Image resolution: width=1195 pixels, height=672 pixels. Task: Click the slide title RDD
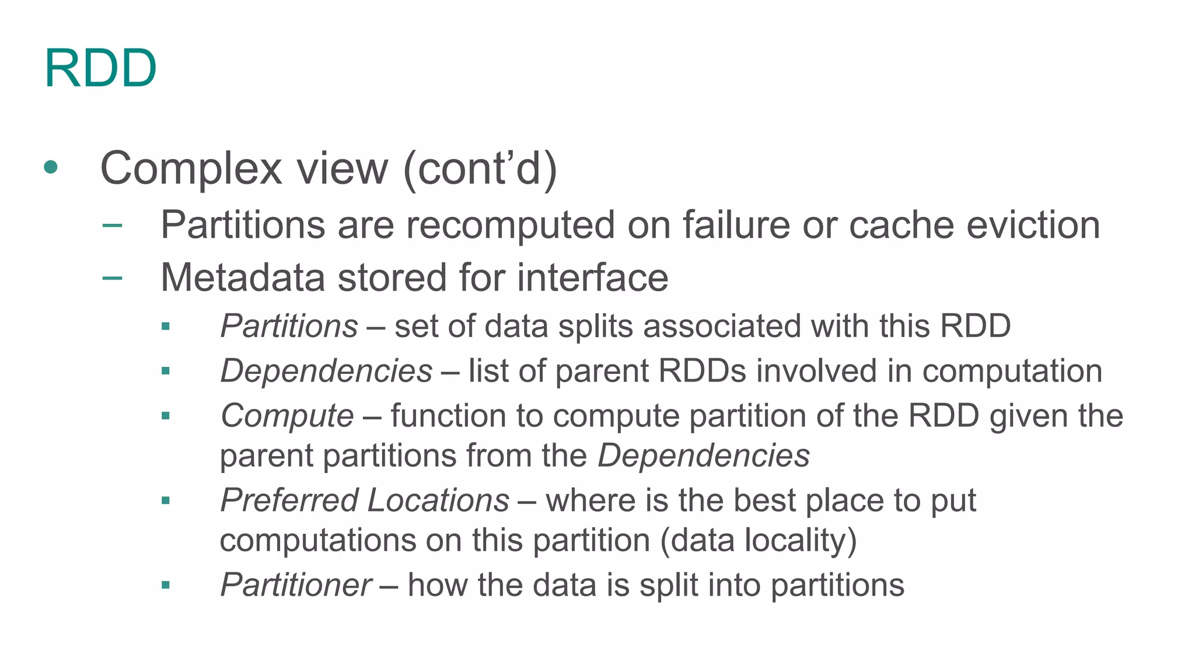pyautogui.click(x=100, y=69)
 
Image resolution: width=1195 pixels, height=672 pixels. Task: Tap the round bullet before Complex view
pyautogui.click(x=51, y=167)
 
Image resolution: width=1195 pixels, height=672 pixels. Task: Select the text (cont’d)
pyautogui.click(x=480, y=169)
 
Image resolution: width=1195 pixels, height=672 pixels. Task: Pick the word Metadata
pyautogui.click(x=242, y=277)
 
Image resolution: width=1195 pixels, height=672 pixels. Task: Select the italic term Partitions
pyautogui.click(x=289, y=325)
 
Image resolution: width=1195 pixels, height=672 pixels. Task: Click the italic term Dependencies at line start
pyautogui.click(x=326, y=371)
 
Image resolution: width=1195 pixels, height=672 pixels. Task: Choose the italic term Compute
pyautogui.click(x=287, y=416)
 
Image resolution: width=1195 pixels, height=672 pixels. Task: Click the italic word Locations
pyautogui.click(x=438, y=501)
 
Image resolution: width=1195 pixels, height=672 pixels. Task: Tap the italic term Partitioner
pyautogui.click(x=296, y=585)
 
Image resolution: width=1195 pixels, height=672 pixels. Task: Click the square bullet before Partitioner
pyautogui.click(x=166, y=585)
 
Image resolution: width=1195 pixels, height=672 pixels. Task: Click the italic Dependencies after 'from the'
pyautogui.click(x=704, y=456)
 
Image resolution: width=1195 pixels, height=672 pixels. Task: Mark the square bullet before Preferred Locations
pyautogui.click(x=166, y=501)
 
